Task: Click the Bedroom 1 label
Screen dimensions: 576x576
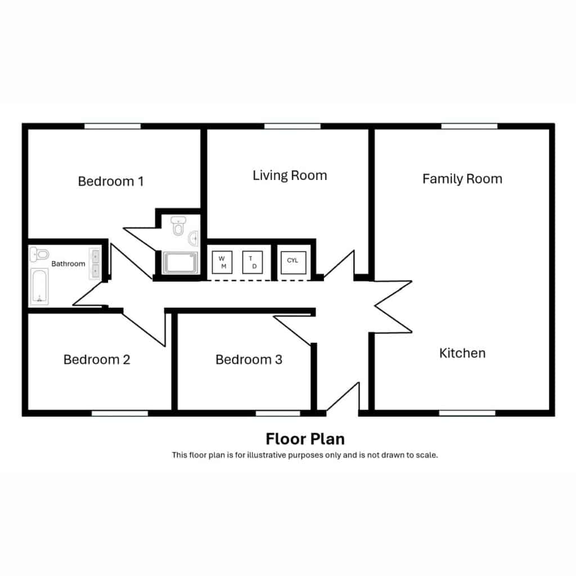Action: [111, 182]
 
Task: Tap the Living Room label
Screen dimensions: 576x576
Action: [290, 175]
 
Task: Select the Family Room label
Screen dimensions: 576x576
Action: [462, 179]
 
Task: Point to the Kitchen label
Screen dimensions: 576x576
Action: [462, 353]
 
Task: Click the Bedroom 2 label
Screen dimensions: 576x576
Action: [97, 359]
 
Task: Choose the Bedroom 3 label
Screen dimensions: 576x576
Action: [249, 359]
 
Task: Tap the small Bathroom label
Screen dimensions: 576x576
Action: [68, 264]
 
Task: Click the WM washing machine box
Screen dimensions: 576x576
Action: [222, 262]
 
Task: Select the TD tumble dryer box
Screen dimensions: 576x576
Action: [253, 262]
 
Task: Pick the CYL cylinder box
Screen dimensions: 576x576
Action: [293, 262]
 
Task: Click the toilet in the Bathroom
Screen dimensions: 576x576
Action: [39, 254]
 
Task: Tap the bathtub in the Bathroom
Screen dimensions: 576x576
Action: [39, 286]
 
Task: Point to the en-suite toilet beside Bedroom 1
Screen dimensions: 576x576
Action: [178, 226]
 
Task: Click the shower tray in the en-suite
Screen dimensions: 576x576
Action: [181, 262]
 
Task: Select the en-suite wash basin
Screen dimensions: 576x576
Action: [193, 238]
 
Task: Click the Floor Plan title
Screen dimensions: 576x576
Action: [305, 439]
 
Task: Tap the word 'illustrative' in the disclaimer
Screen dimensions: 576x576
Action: [266, 455]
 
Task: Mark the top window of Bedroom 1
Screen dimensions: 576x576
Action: [112, 127]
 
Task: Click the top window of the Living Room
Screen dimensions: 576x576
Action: [292, 127]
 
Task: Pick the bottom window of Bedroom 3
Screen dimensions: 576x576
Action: [278, 413]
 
